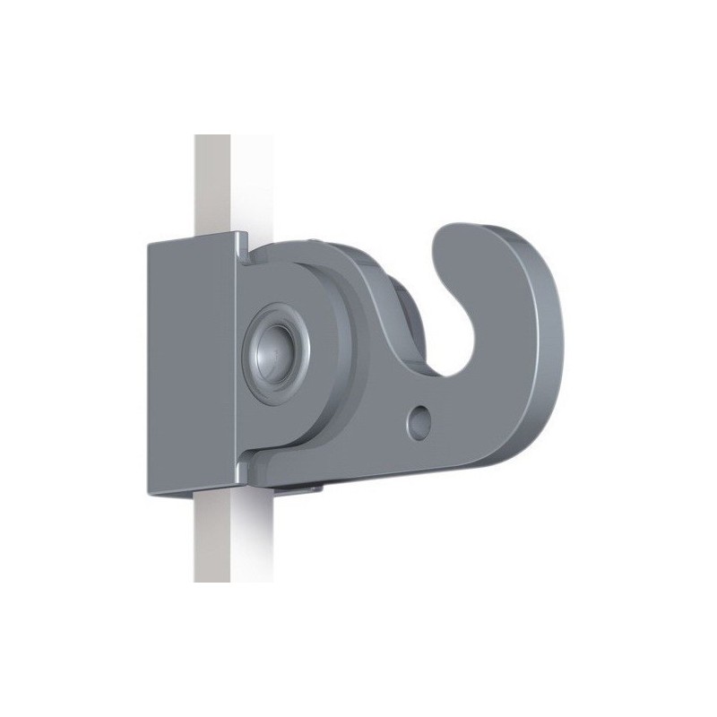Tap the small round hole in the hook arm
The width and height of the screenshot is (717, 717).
click(418, 419)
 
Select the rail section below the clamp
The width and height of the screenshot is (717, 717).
click(212, 538)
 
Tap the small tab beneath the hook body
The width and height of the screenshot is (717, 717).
click(296, 488)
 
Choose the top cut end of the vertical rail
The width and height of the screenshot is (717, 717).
click(212, 136)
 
